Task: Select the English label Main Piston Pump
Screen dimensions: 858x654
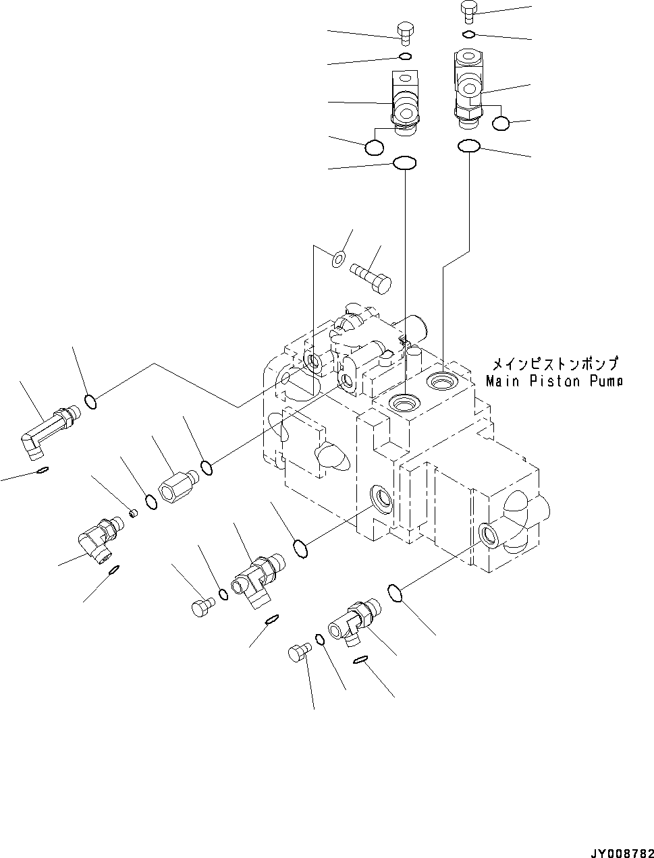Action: (x=553, y=381)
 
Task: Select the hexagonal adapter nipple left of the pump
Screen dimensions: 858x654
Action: (x=177, y=486)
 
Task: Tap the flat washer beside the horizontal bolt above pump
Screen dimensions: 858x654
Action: (x=339, y=256)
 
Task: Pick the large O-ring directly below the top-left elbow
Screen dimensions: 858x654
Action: (x=404, y=163)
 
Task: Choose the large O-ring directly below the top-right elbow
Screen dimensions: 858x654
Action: (x=468, y=146)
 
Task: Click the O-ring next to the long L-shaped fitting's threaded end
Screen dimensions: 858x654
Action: (x=91, y=402)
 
